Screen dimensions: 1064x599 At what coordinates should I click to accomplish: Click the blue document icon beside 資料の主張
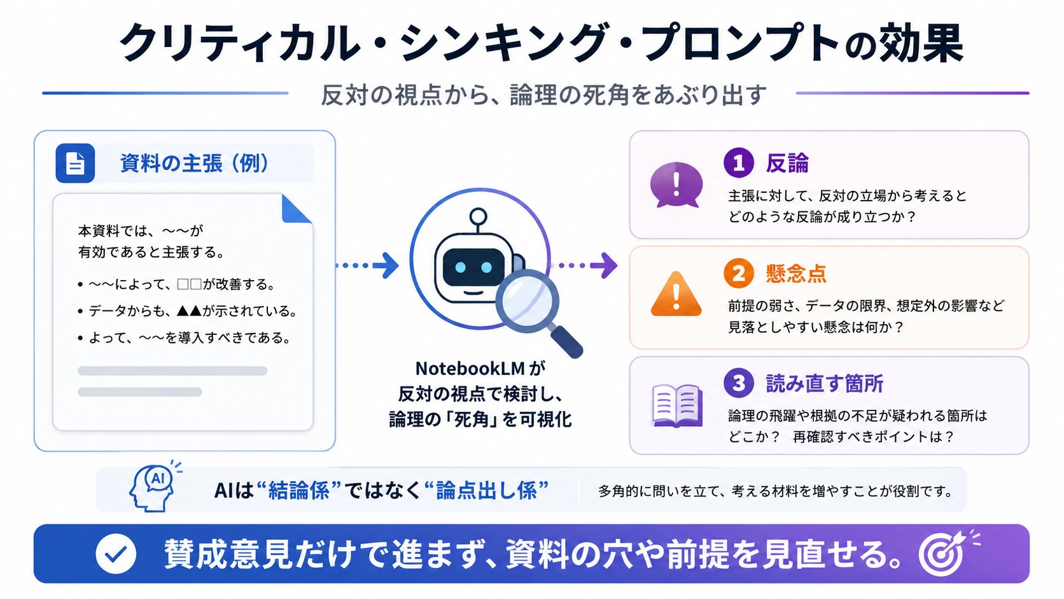(x=75, y=163)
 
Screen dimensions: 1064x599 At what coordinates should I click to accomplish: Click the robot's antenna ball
(x=478, y=216)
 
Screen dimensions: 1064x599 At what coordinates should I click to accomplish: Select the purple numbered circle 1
(x=739, y=163)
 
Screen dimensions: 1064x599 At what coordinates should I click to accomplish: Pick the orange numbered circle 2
(x=739, y=273)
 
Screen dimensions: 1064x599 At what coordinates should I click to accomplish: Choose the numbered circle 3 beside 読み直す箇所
(x=739, y=383)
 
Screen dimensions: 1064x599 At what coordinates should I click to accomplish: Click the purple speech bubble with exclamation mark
(x=676, y=185)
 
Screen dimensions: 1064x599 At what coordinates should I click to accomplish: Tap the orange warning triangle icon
(x=676, y=294)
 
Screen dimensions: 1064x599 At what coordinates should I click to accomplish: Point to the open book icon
(x=677, y=405)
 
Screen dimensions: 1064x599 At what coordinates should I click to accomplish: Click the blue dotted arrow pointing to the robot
(x=367, y=265)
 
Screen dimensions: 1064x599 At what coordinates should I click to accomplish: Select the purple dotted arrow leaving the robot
(x=587, y=265)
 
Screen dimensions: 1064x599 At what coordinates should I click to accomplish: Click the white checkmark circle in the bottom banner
(x=116, y=553)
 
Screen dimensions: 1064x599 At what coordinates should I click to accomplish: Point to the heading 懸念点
(x=796, y=274)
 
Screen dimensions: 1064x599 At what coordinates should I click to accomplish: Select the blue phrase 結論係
(x=299, y=490)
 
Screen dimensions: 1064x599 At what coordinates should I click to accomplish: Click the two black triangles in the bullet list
(x=189, y=311)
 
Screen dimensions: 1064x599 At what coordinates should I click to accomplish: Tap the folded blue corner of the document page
(x=297, y=209)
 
